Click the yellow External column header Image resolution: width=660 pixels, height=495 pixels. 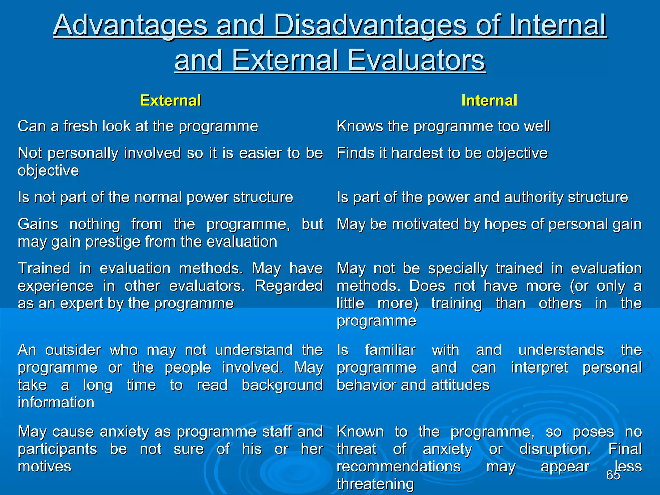tap(170, 101)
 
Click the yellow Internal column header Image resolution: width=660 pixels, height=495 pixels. tap(489, 101)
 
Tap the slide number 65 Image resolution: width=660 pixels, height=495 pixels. tap(613, 475)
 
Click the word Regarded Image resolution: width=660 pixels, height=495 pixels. tap(289, 286)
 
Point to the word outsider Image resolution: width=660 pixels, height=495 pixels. tap(73, 350)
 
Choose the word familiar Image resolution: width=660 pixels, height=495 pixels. tap(390, 350)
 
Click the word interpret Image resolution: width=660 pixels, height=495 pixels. tap(539, 368)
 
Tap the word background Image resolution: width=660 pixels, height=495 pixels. tap(282, 385)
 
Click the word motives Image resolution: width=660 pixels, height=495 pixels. tap(44, 467)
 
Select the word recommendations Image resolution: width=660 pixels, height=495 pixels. tap(399, 467)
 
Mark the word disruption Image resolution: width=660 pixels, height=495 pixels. tap(555, 449)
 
